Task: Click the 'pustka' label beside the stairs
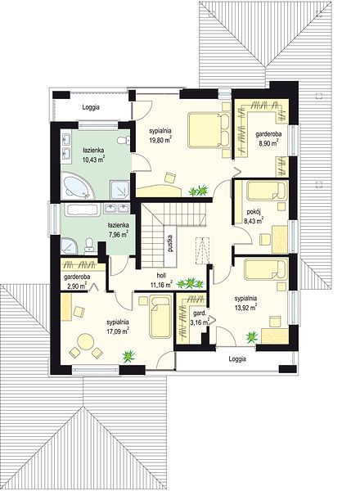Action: click(170, 243)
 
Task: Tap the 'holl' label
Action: click(161, 276)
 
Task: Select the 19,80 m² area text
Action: click(160, 140)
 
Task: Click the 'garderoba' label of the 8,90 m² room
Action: click(268, 134)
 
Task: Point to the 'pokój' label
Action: click(252, 212)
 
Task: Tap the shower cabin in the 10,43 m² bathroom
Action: click(119, 190)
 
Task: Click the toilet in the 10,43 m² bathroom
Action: click(124, 141)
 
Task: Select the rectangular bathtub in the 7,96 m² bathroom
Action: click(82, 209)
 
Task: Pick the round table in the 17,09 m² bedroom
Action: click(85, 341)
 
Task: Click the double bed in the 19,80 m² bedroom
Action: click(209, 129)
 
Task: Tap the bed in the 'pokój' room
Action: click(267, 191)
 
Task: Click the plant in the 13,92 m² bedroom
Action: click(252, 337)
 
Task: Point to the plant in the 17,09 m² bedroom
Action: click(128, 356)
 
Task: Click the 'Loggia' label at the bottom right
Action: click(237, 359)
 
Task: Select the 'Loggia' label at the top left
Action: click(91, 107)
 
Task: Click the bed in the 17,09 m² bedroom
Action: click(160, 317)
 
